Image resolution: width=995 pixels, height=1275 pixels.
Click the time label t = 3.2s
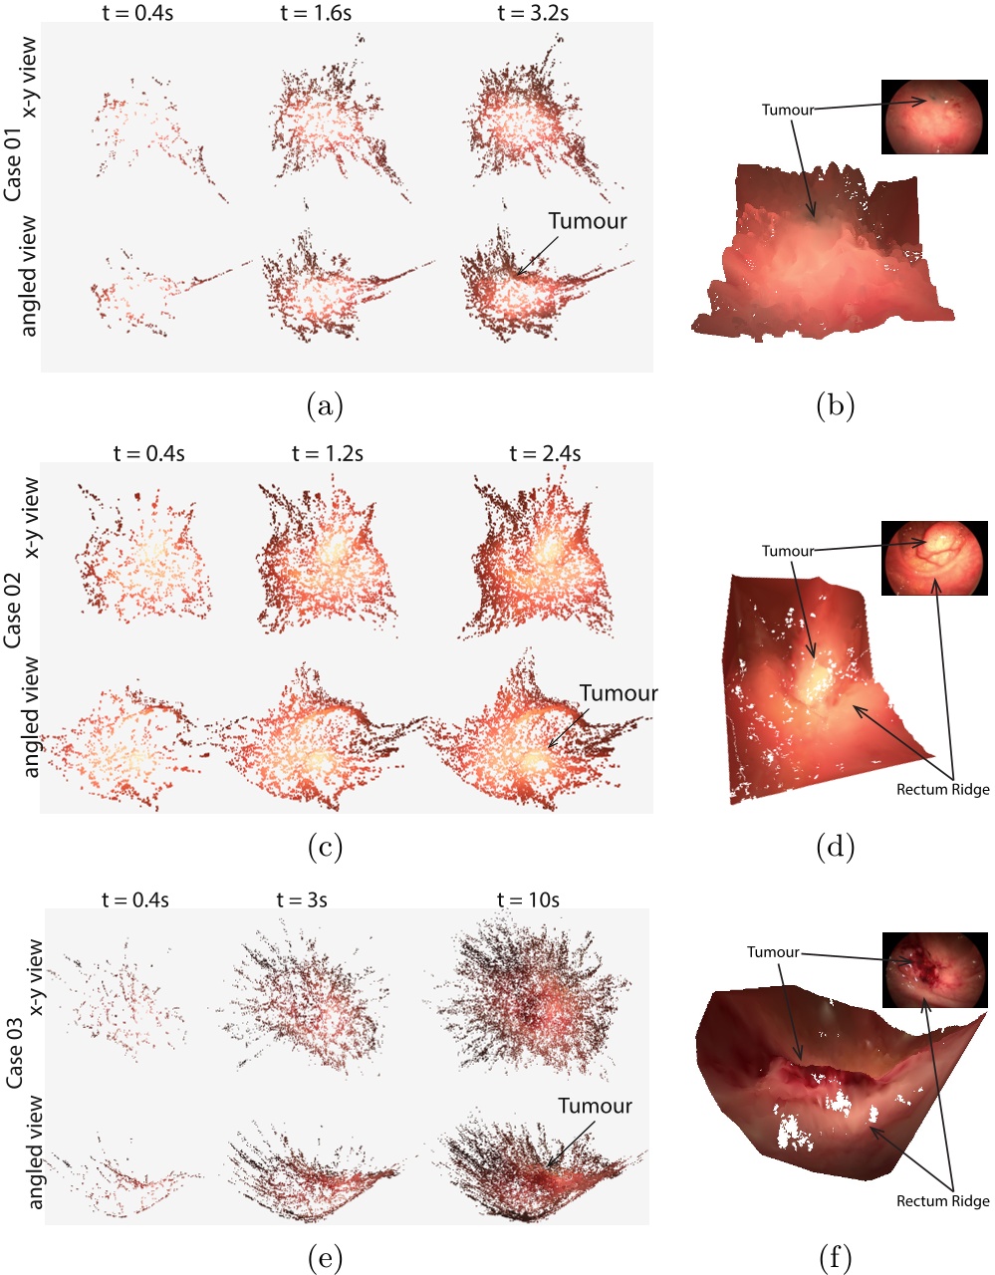pyautogui.click(x=533, y=13)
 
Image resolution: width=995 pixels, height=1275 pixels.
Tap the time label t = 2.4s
pyautogui.click(x=545, y=453)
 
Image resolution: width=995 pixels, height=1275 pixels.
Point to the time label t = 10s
pyautogui.click(x=528, y=900)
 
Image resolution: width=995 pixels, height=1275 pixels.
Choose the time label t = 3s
pyautogui.click(x=302, y=900)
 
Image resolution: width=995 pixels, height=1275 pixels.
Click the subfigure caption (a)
pyautogui.click(x=325, y=405)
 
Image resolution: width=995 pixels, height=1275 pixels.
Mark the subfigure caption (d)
pyautogui.click(x=835, y=848)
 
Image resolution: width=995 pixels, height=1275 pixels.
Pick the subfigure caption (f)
pyautogui.click(x=835, y=1259)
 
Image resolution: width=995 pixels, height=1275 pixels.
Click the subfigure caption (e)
pyautogui.click(x=325, y=1259)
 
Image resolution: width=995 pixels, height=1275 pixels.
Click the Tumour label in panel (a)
pyautogui.click(x=588, y=221)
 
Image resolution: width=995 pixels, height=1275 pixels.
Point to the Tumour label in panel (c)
pyautogui.click(x=619, y=693)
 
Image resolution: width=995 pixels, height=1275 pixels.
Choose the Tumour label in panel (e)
pyautogui.click(x=595, y=1106)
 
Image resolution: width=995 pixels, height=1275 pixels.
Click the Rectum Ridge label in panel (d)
pyautogui.click(x=942, y=790)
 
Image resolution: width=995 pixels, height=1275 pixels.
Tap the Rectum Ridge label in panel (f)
pyautogui.click(x=942, y=1201)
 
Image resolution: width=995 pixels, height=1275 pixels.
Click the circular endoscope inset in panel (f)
pyautogui.click(x=934, y=969)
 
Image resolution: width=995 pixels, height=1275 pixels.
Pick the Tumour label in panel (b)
pyautogui.click(x=788, y=110)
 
